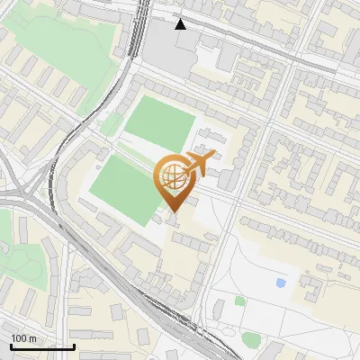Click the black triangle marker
[181, 23]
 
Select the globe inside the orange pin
[173, 177]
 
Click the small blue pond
[281, 283]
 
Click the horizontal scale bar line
[42, 346]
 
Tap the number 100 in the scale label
[19, 338]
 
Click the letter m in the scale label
[31, 338]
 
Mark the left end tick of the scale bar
[11, 345]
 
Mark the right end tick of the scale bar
[74, 345]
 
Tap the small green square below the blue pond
[239, 301]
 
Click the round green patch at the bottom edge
[251, 339]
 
